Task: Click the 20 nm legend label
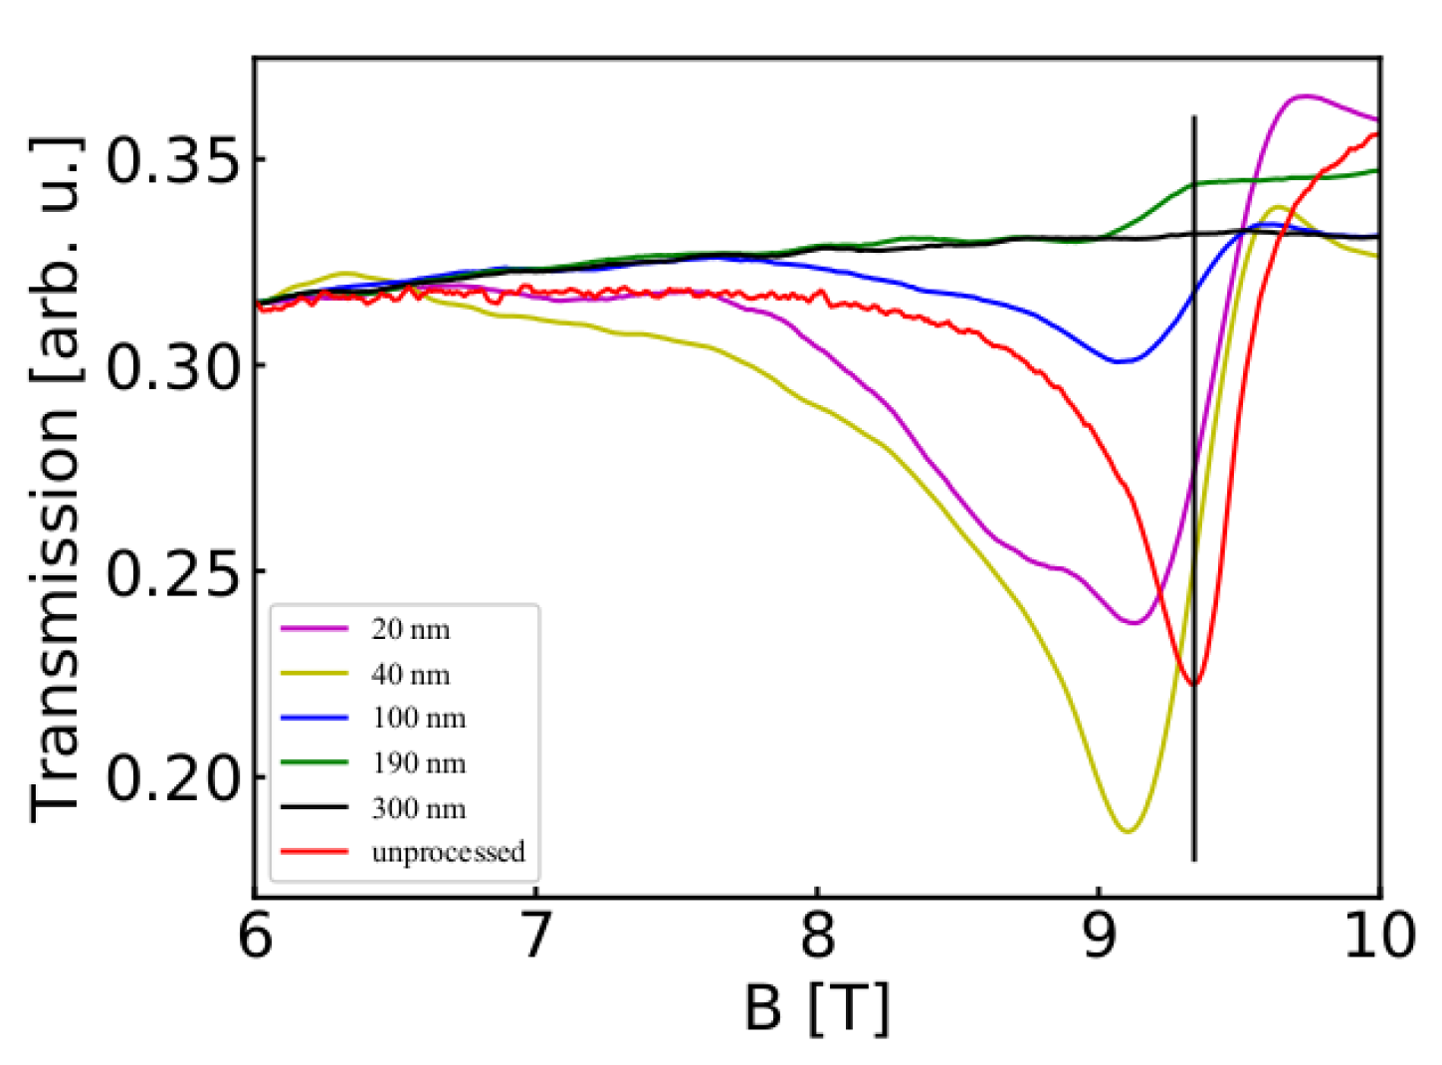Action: [410, 630]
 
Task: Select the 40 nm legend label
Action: [410, 675]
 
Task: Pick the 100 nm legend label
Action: [418, 719]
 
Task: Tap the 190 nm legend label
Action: [418, 763]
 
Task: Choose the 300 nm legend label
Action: [418, 808]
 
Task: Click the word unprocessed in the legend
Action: [448, 853]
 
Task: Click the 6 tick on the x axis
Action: [256, 937]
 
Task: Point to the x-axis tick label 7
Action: [536, 937]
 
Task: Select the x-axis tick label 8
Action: [818, 937]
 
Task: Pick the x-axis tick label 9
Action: [1099, 937]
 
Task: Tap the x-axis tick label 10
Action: [1379, 937]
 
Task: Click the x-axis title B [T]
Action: [817, 1007]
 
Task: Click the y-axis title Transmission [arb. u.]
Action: [55, 478]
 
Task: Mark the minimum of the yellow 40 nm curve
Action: [1127, 831]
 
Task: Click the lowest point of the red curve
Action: [1194, 684]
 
